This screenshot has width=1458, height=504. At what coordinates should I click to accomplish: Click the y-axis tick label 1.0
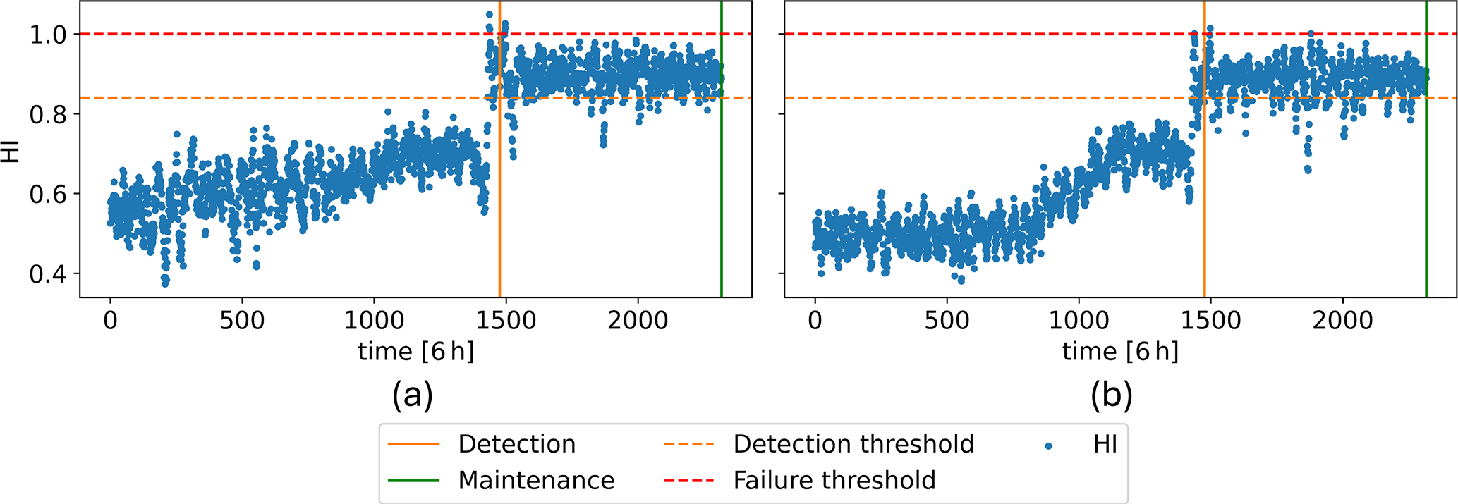click(x=48, y=35)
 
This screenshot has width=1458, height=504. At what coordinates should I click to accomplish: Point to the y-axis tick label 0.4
click(x=48, y=273)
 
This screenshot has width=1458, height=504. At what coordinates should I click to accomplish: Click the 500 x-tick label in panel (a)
click(x=242, y=321)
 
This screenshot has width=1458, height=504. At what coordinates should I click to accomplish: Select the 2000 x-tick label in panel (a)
click(x=637, y=321)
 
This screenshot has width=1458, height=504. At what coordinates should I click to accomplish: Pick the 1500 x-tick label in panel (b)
click(x=1210, y=321)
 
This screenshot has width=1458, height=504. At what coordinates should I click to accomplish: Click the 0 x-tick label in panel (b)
click(x=815, y=321)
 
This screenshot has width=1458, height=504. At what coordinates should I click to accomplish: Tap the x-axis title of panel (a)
click(x=416, y=351)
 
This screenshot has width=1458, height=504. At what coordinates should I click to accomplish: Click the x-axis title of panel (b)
click(x=1120, y=351)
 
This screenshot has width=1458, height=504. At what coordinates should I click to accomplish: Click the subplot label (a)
click(x=413, y=395)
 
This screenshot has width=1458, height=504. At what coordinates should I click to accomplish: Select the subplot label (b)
click(x=1111, y=395)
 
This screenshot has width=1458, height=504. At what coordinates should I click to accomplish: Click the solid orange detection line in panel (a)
click(x=499, y=211)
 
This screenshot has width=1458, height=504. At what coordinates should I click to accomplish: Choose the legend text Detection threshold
click(x=853, y=444)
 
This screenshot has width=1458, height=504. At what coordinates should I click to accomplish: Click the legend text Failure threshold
click(x=834, y=481)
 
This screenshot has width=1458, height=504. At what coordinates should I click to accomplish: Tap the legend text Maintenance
click(x=536, y=481)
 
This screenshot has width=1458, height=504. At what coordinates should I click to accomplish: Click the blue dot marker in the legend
click(x=1049, y=445)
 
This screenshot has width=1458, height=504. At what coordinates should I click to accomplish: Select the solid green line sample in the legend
click(x=413, y=481)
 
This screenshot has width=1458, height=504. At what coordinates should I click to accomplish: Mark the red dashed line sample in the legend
click(x=689, y=481)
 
